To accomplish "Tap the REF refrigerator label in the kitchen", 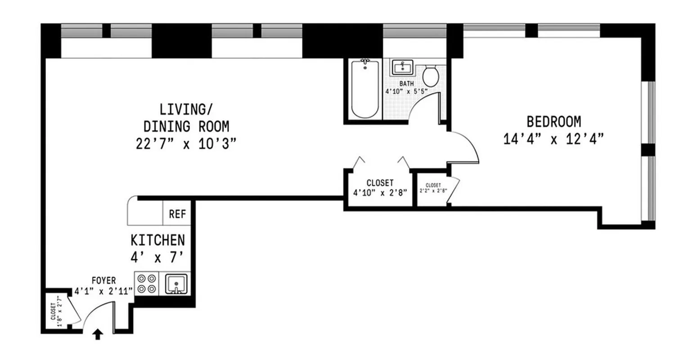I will pyautogui.click(x=177, y=214).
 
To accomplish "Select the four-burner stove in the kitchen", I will pyautogui.click(x=146, y=283).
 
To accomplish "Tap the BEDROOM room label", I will pyautogui.click(x=553, y=122).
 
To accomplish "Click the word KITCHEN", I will pyautogui.click(x=157, y=240).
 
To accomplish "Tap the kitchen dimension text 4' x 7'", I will pyautogui.click(x=157, y=257).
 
